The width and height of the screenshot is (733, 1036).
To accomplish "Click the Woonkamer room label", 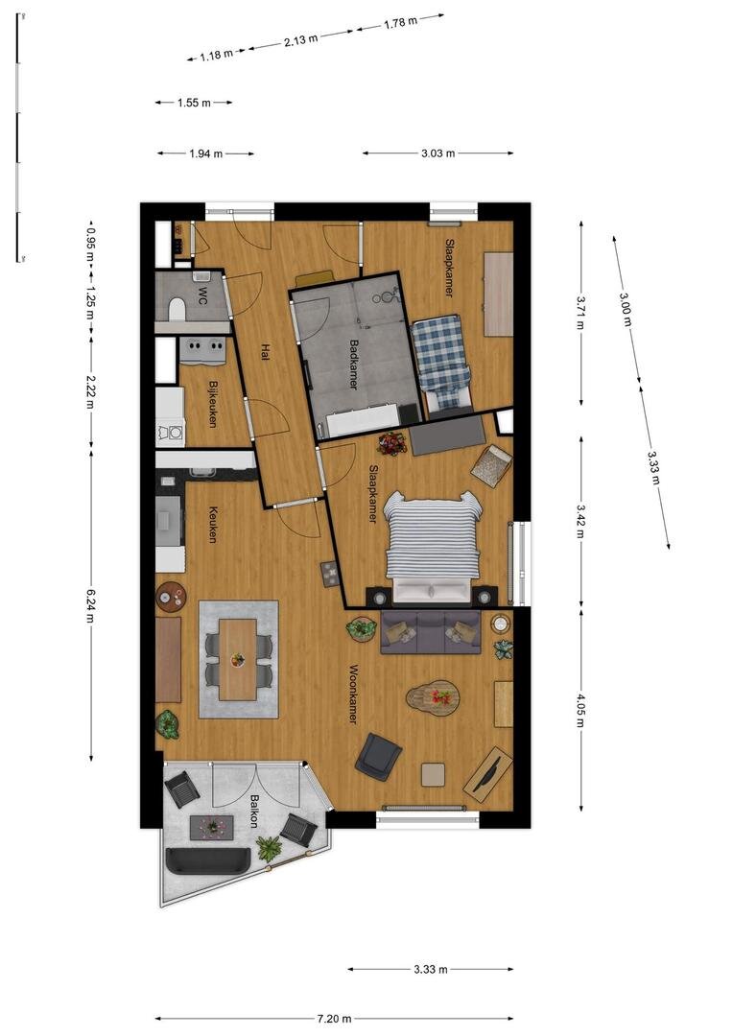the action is [353, 694].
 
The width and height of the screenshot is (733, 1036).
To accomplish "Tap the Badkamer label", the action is [354, 365].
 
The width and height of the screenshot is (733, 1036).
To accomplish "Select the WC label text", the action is [201, 298].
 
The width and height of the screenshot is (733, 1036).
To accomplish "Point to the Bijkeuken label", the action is [213, 404].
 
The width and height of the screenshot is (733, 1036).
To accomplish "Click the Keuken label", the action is [213, 525].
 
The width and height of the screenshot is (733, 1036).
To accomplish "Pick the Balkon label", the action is [253, 812].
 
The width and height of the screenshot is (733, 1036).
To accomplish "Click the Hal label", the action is [265, 351].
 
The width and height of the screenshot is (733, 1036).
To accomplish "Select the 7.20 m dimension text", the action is [335, 1018].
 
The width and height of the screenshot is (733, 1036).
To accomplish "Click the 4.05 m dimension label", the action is [580, 710].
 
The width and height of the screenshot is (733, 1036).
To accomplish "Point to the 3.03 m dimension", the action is [438, 153].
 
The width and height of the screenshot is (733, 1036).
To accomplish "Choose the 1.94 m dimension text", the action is [205, 153].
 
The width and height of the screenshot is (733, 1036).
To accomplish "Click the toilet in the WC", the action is [176, 309].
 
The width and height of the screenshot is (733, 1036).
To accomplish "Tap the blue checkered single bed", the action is [441, 362].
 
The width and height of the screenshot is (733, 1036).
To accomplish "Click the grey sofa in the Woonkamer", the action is [430, 631].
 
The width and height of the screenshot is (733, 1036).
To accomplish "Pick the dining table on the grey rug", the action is [238, 659].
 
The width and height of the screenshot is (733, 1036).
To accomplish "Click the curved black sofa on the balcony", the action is [207, 860].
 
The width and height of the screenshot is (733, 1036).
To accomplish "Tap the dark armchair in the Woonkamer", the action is [379, 757].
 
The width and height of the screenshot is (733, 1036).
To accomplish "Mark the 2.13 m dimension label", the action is [300, 40].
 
